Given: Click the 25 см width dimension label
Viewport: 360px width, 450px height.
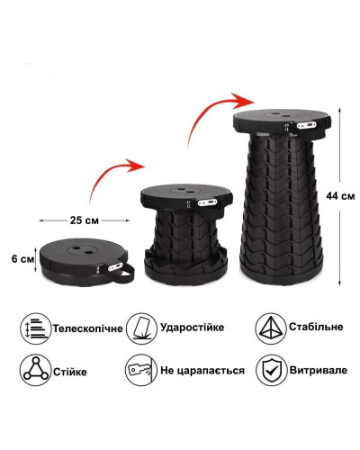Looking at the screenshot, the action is [x=85, y=220].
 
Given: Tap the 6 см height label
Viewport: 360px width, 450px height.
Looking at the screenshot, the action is [x=22, y=259].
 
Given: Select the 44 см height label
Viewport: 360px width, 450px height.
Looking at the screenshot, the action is [x=340, y=196].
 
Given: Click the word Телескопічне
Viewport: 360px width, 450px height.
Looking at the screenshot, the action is [x=88, y=328].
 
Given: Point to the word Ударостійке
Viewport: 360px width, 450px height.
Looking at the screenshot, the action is [x=193, y=327].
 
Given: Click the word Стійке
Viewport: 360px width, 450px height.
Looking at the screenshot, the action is [x=70, y=372].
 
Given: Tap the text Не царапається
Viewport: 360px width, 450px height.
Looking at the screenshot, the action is [x=202, y=371].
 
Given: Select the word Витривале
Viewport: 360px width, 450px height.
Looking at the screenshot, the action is [x=318, y=370].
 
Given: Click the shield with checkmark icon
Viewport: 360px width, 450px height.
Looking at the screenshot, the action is [x=271, y=370].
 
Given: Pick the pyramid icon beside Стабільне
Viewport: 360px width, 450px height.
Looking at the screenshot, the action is [x=271, y=328].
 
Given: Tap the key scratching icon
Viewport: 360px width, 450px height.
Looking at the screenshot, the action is [x=141, y=370].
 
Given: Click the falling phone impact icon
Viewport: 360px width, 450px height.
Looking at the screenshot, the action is [x=141, y=328].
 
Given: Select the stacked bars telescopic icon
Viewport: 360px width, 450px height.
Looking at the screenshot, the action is [x=35, y=328].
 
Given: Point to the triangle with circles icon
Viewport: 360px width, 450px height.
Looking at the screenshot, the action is [x=35, y=370].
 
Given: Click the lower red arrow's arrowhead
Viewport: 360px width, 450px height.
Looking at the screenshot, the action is [x=136, y=166].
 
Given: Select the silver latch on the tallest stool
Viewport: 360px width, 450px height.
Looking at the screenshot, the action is [x=306, y=124].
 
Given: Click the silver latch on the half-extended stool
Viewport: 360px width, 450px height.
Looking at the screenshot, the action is [x=207, y=202].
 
